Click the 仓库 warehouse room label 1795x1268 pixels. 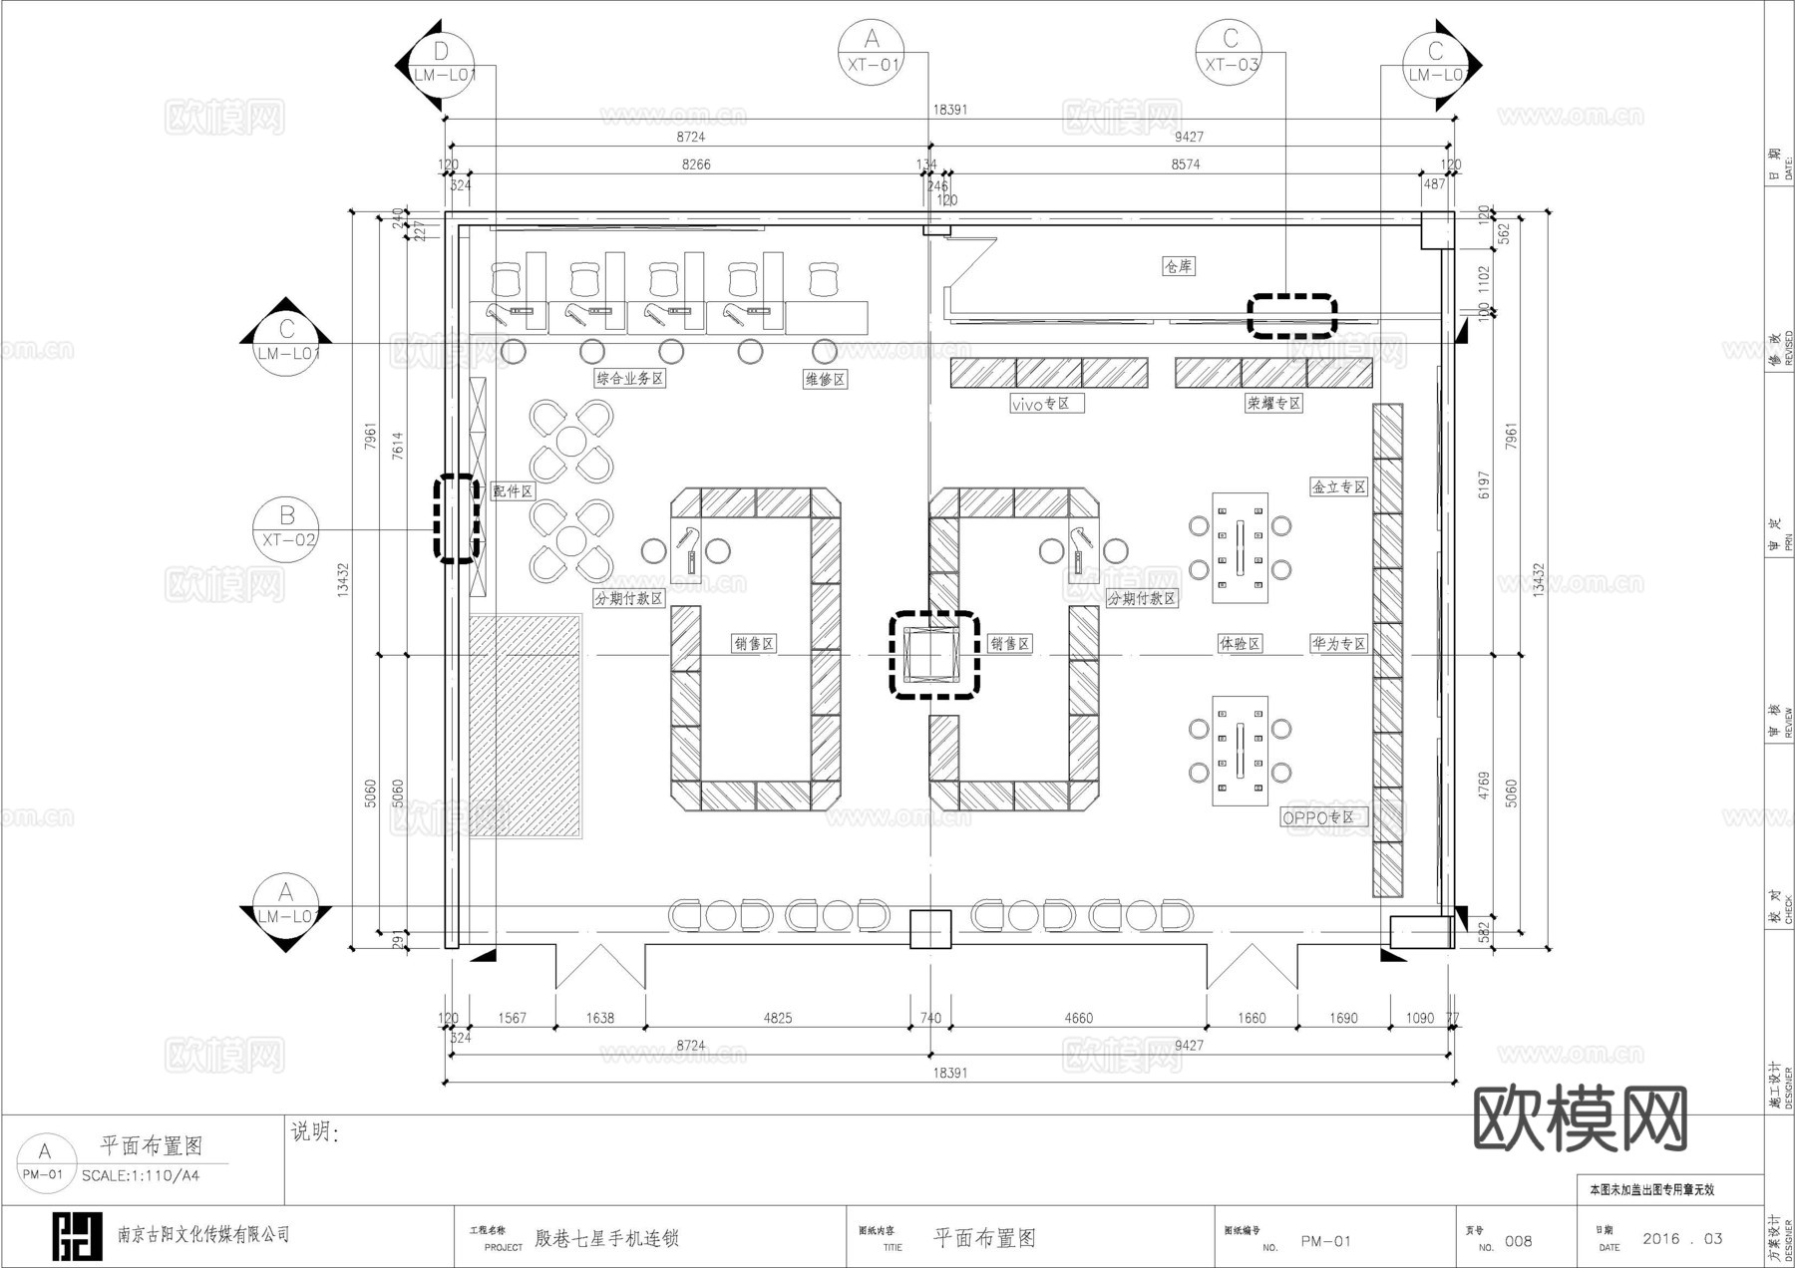(x=1178, y=266)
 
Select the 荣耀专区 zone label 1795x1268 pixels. (x=1273, y=404)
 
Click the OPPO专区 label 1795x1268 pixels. (x=1318, y=817)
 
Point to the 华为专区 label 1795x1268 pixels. (x=1338, y=644)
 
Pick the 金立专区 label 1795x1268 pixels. (x=1338, y=487)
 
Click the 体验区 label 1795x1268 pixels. (x=1240, y=644)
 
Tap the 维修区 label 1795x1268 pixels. (x=825, y=379)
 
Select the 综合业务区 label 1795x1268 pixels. (x=629, y=379)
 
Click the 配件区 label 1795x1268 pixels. (x=513, y=491)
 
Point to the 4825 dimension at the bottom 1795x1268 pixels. (x=778, y=1018)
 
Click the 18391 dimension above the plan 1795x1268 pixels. (x=949, y=110)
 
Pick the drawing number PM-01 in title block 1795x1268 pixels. (x=1325, y=1241)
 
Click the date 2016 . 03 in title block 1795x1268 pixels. (x=1682, y=1239)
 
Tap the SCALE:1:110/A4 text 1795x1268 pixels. (x=141, y=1175)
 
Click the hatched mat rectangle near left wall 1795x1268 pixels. (x=526, y=726)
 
